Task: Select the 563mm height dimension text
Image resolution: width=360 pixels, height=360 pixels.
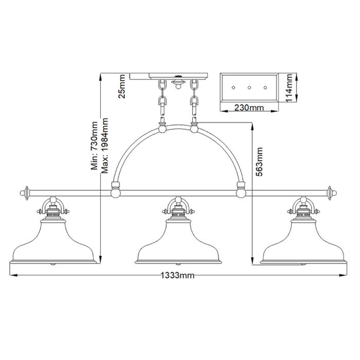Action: (x=260, y=162)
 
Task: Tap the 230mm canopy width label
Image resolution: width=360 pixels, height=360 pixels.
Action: (x=249, y=108)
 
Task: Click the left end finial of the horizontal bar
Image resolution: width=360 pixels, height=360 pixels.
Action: (x=24, y=193)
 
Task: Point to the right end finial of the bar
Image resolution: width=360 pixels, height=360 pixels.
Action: (x=332, y=193)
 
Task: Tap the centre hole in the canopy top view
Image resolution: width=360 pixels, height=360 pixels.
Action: (x=249, y=88)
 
